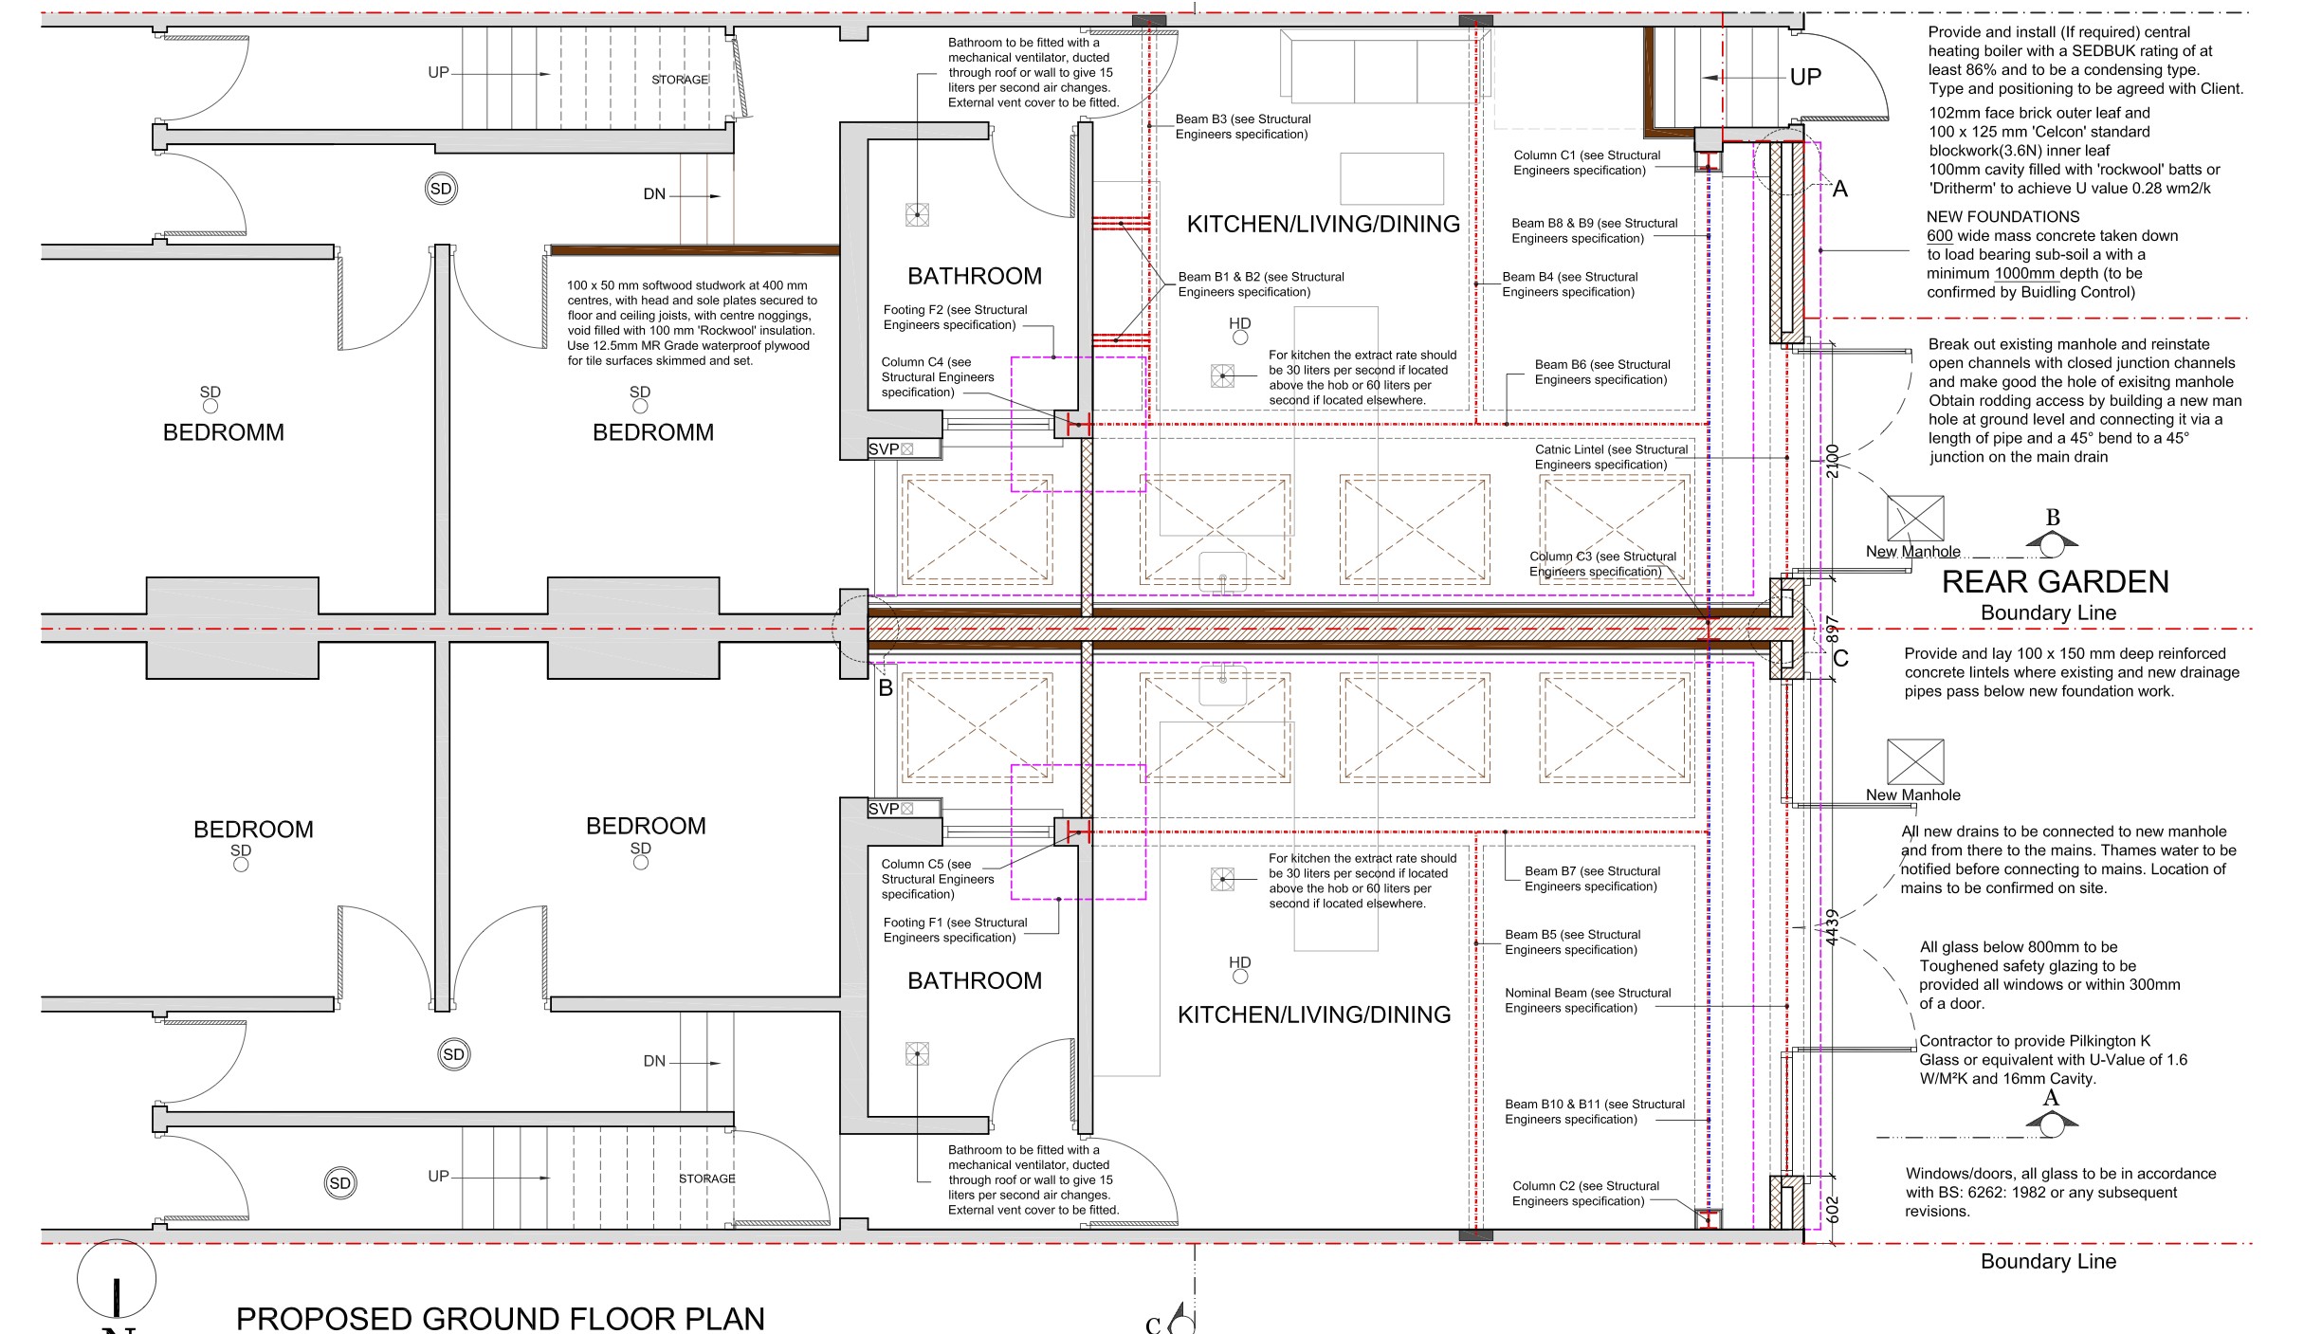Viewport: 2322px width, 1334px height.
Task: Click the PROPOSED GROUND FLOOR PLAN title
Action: tap(500, 1318)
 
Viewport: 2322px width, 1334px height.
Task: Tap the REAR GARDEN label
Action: tap(2056, 581)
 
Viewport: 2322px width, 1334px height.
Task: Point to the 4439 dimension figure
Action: tap(1833, 927)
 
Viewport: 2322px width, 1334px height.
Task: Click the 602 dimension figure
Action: tap(1833, 1208)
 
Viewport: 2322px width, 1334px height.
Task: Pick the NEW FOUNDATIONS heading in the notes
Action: tap(2002, 216)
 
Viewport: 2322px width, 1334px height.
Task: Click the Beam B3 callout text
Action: tap(1243, 126)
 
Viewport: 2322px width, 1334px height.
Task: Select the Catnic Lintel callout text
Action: tap(1611, 457)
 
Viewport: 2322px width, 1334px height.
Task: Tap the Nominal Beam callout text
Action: tap(1588, 1000)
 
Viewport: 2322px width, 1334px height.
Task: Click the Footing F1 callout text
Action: tap(955, 929)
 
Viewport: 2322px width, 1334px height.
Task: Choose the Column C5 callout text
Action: tap(938, 879)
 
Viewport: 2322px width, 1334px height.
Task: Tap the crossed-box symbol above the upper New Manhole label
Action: tap(1915, 519)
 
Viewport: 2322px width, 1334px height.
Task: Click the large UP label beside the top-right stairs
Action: tap(1805, 77)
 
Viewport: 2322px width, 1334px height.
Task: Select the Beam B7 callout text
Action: tap(1592, 878)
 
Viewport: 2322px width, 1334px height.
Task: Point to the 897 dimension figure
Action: tap(1833, 630)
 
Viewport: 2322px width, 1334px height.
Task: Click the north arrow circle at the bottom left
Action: tap(117, 1279)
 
